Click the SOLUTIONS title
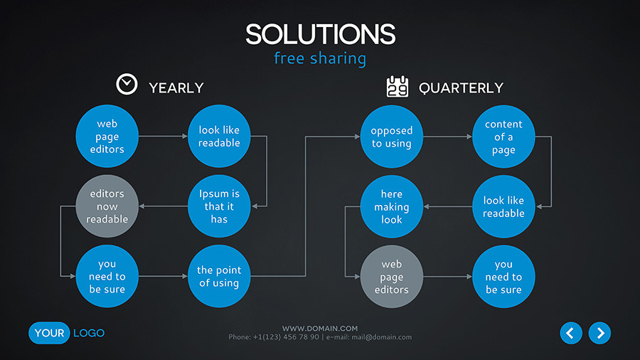point(321,34)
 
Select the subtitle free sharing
point(320,58)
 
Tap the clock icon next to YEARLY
point(127,85)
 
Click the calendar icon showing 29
point(397,87)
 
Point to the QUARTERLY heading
point(461,88)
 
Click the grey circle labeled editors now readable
point(107,206)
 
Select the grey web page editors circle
point(391,276)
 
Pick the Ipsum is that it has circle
point(219,206)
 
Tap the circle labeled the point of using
point(219,276)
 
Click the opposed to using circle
point(391,137)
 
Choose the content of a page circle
point(503,137)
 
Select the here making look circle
point(391,206)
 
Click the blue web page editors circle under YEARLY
point(107,136)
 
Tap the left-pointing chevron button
point(571,333)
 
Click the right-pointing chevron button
point(599,333)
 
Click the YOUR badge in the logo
point(49,333)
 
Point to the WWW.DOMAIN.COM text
point(320,328)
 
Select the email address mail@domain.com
point(382,337)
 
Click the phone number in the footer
point(286,337)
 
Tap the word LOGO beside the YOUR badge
point(89,333)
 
